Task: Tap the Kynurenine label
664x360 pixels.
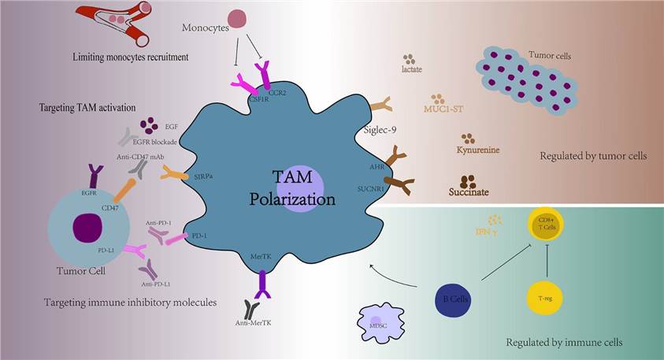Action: click(479, 150)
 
